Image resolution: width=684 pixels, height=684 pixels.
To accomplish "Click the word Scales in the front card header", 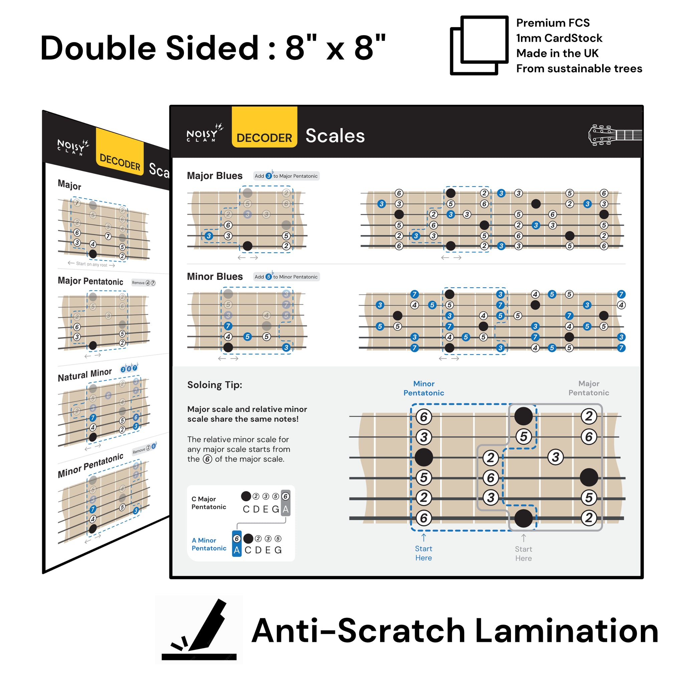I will coord(335,136).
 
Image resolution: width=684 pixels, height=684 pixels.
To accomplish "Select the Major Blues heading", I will coord(214,176).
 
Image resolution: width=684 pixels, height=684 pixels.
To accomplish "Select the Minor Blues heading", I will coord(214,277).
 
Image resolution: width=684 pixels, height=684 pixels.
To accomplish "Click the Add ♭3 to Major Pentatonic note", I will coord(286,176).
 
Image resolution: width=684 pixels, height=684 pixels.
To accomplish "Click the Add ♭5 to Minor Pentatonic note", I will coord(286,277).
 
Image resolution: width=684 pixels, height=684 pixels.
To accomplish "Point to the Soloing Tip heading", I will coord(214,385).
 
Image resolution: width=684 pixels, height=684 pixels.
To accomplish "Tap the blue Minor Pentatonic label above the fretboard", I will coord(423,388).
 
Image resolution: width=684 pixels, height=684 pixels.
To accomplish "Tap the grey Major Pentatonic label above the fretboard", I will coord(588,388).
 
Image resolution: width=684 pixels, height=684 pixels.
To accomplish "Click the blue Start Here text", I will coord(423,553).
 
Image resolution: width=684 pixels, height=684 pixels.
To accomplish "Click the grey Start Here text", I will coord(523,553).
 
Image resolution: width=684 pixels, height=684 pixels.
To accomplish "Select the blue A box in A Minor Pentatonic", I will coord(236,550).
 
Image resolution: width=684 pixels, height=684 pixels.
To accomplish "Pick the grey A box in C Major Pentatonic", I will coord(285,509).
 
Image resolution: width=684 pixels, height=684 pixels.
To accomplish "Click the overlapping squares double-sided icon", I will coord(479,45).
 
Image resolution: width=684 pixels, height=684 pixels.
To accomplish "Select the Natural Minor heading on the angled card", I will coord(84,375).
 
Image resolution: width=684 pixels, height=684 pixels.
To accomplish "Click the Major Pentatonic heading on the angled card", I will coord(90,281).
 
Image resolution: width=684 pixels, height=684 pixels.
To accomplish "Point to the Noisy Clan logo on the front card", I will coord(205,134).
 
